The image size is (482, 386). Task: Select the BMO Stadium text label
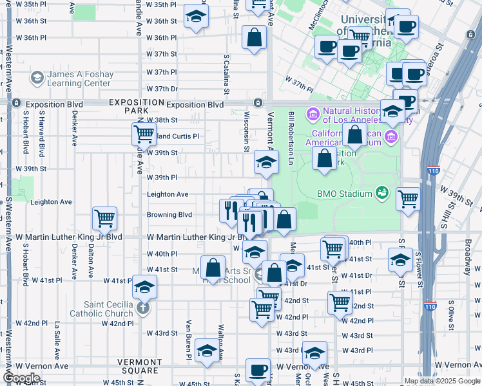(x=345, y=194)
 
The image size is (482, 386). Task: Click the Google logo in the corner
(x=21, y=378)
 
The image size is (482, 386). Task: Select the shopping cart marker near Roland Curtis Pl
(x=143, y=134)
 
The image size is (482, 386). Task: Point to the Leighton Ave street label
(x=168, y=194)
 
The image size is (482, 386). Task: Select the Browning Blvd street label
(x=169, y=215)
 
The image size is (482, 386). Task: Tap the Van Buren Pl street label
(x=189, y=338)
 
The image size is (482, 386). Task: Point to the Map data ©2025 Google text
(x=442, y=381)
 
